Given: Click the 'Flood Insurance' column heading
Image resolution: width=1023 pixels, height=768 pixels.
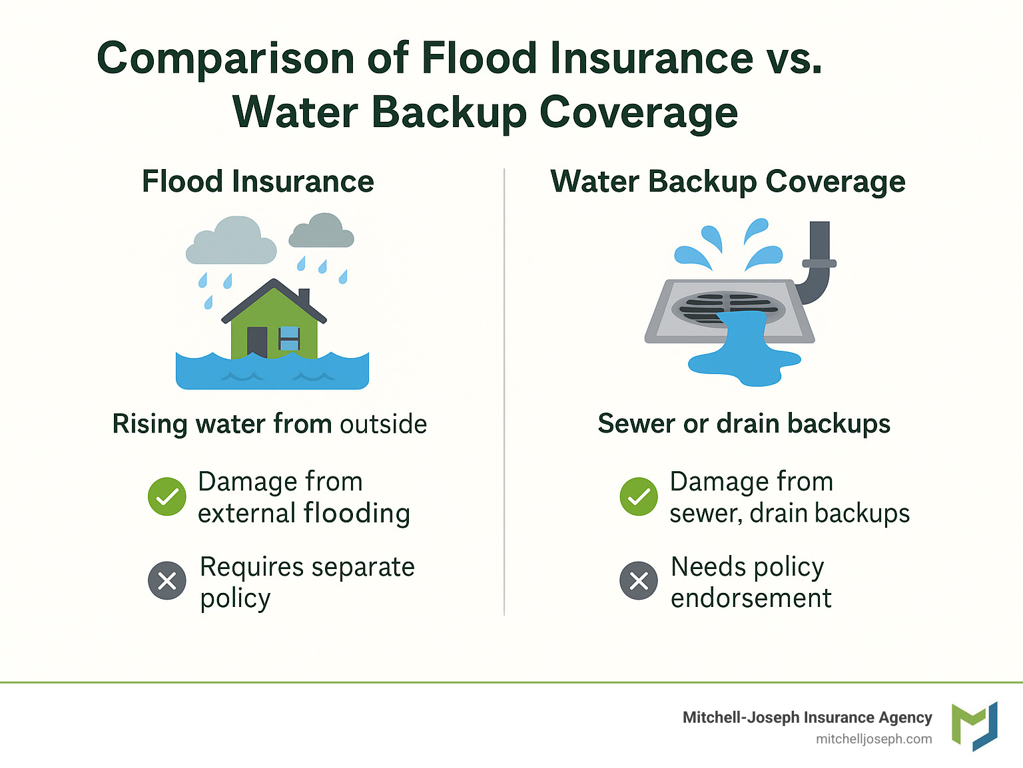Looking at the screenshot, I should coord(258,182).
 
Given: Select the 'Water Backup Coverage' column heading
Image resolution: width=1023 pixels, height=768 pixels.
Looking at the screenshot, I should coord(727,182).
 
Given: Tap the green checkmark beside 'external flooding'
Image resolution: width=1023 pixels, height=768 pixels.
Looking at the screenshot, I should coord(167,496).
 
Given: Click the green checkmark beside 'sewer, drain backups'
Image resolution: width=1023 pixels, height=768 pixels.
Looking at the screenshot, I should coord(639,496).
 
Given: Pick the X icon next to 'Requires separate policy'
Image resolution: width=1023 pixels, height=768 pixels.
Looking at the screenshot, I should coord(167,580).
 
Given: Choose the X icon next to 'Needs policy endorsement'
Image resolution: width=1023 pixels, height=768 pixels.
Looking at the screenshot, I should coord(639,580).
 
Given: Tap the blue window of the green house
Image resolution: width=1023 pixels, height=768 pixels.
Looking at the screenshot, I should coord(289,338).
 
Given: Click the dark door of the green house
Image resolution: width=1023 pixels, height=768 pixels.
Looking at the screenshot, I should coord(257,342).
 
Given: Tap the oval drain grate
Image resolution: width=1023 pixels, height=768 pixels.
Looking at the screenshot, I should coord(728,309).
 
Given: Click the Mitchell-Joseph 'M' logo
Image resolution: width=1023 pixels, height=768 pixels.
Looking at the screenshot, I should coord(974,726).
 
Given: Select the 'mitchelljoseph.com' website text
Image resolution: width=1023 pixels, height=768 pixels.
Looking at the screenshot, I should coord(874,739).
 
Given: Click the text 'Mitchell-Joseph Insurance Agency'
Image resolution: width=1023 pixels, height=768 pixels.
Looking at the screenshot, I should coord(807,717).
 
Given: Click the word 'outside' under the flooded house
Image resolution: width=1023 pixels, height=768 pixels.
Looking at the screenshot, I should coord(383,424).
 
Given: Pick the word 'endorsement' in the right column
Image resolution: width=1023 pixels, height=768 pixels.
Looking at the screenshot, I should coord(751,598).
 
